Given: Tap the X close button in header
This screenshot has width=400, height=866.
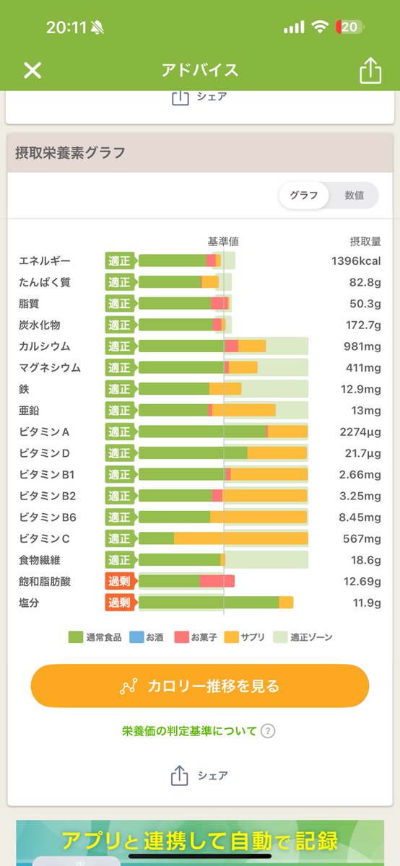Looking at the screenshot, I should (32, 70).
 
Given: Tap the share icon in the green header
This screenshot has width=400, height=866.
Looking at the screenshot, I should (369, 70).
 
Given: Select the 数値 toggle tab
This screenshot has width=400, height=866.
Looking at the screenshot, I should (354, 196).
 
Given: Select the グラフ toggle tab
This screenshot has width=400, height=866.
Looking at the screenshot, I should (304, 196).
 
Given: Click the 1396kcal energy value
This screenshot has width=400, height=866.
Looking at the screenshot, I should (355, 261).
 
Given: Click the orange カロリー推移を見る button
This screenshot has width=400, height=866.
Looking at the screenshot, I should (200, 686).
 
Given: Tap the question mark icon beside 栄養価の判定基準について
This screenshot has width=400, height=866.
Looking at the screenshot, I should (268, 731).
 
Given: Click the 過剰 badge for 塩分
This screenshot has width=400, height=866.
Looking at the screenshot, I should (120, 603).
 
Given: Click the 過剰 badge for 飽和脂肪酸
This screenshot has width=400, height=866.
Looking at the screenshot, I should (120, 581).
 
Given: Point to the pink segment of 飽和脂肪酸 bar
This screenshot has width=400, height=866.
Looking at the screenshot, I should (217, 581).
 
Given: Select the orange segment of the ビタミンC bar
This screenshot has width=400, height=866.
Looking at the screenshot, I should (240, 538).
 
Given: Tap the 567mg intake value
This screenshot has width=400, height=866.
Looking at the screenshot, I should (362, 538).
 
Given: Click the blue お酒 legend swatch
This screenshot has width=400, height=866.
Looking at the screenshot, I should (136, 637).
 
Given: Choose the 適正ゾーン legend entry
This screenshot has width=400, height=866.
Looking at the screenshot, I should (303, 637).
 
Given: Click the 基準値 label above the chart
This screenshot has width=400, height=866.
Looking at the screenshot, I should (223, 241).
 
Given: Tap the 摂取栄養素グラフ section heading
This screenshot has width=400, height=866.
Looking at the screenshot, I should (70, 152).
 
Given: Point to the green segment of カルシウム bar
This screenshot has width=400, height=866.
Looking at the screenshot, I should (181, 346).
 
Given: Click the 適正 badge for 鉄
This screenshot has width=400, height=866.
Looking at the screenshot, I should (120, 389).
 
